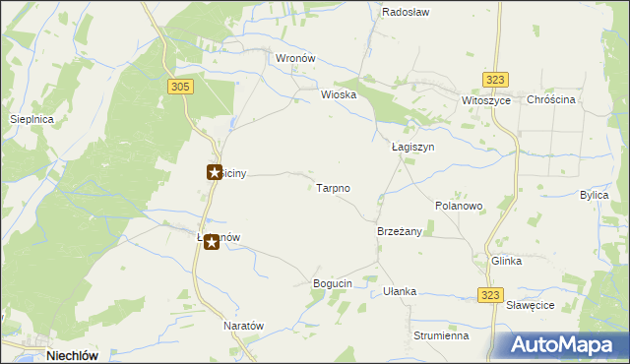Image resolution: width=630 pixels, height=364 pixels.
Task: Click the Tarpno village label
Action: [333, 187]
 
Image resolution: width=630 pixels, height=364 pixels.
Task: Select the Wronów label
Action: [294, 58]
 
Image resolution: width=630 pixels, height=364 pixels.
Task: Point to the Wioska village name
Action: [338, 95]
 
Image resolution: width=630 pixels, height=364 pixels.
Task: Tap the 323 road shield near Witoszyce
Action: [495, 80]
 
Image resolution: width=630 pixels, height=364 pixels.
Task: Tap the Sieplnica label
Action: [31, 118]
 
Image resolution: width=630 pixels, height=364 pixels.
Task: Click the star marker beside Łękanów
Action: [212, 241]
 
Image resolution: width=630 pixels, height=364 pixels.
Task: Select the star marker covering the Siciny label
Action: [213, 172]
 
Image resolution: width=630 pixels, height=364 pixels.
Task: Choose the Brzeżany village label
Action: [399, 231]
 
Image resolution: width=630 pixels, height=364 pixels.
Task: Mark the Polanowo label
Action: [459, 206]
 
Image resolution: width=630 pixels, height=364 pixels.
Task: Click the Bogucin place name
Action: [332, 283]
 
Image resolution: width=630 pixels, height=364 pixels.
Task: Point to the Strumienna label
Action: [441, 335]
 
